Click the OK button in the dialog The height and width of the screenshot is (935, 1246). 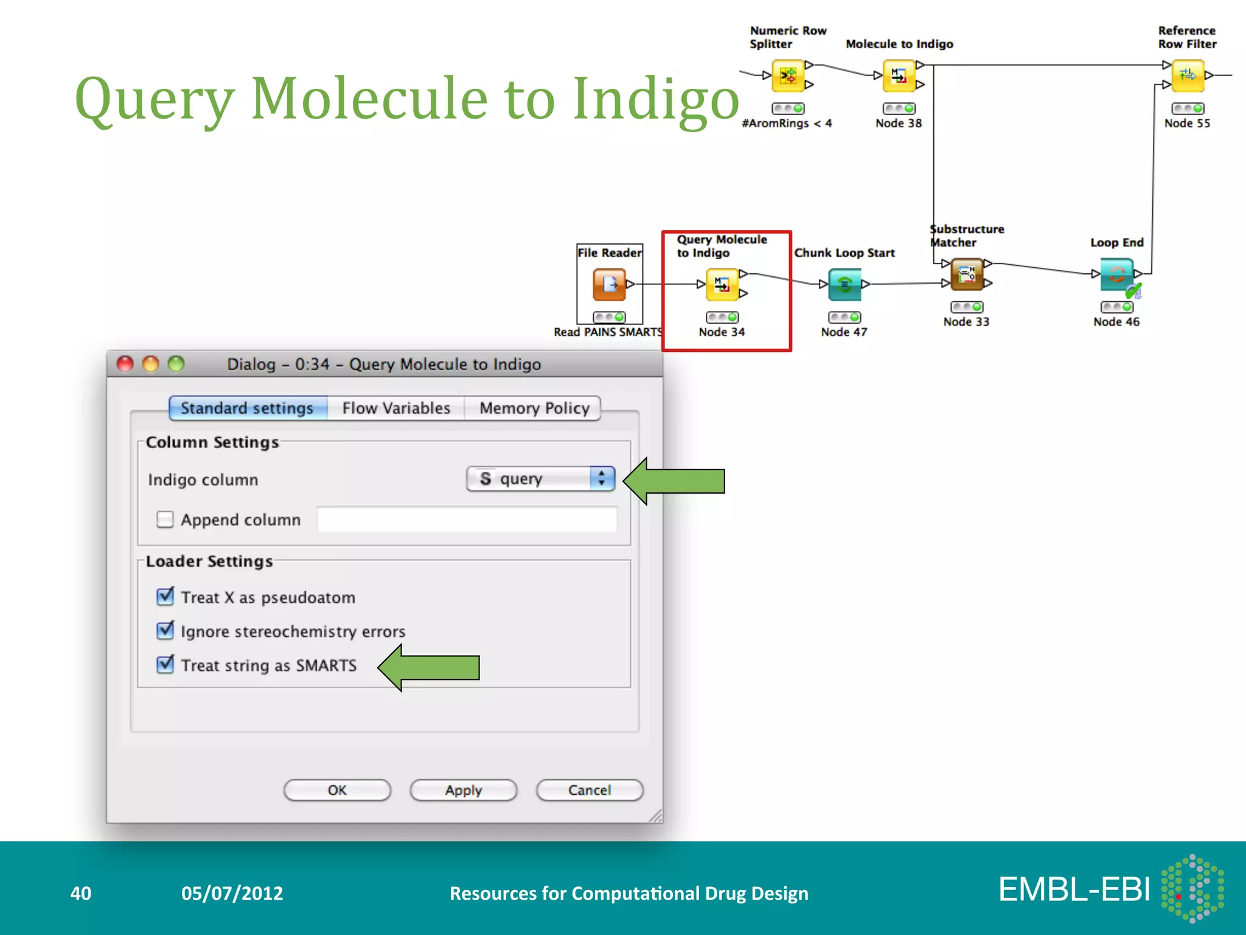point(337,790)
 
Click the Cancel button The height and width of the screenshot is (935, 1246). point(589,790)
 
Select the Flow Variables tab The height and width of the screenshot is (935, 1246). point(396,408)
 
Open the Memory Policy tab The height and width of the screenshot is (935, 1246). point(534,408)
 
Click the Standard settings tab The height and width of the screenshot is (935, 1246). point(247,408)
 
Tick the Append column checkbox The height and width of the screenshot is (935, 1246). point(165,519)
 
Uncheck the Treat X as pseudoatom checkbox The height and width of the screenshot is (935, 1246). point(165,597)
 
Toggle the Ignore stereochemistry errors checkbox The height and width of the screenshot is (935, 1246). point(165,631)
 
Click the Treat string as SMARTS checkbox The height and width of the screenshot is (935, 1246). point(165,664)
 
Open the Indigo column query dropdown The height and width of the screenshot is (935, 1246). point(540,478)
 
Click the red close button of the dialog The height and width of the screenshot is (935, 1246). point(125,364)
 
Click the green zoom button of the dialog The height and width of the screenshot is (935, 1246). point(176,364)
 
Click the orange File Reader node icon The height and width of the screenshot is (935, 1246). point(609,284)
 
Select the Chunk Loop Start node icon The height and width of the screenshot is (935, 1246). point(844,284)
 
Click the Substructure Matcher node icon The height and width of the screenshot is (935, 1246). point(966,274)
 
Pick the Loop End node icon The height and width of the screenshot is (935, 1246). point(1116,274)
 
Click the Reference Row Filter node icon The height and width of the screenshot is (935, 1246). point(1187,75)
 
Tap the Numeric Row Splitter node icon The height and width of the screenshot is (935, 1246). point(788,75)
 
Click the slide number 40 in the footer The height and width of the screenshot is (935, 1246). point(81,893)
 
